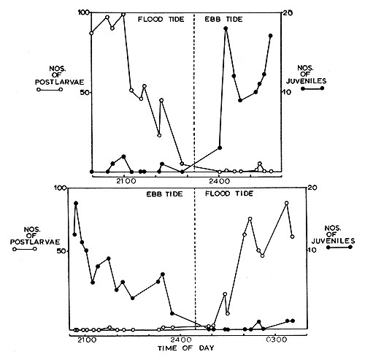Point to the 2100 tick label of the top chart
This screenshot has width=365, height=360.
(x=125, y=180)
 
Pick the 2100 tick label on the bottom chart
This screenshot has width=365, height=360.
(x=86, y=341)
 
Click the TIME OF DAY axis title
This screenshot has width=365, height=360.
(x=180, y=350)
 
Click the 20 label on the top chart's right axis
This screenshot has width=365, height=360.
(x=288, y=13)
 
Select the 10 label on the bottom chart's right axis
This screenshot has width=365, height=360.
(x=311, y=250)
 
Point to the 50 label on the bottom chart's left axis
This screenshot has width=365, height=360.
(x=60, y=250)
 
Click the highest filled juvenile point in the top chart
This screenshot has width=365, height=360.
(x=226, y=28)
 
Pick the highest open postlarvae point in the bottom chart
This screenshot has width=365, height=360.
(x=286, y=203)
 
